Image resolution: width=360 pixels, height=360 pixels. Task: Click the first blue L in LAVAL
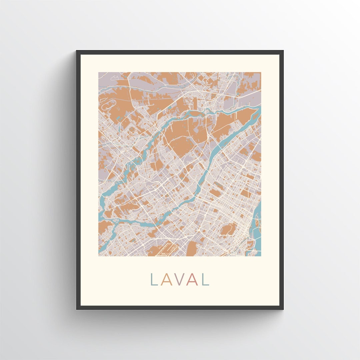[154, 279]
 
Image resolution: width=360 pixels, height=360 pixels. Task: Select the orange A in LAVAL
[166, 279]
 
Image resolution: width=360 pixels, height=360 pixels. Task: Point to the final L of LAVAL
[206, 279]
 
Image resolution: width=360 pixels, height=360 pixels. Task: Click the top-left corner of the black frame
[77, 51]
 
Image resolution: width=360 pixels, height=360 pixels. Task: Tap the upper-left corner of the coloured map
[99, 73]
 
